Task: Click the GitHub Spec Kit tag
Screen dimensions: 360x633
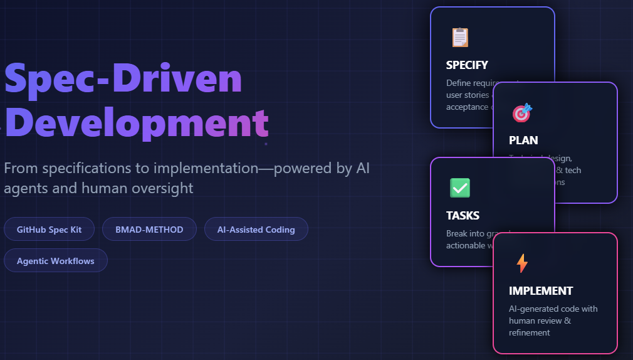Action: pos(50,229)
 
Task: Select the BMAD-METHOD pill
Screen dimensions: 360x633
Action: pos(149,229)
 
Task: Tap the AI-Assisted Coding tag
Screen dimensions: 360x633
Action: pos(256,229)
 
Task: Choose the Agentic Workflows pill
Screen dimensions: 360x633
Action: pos(56,260)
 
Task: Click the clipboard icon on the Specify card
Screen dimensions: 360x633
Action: pos(460,37)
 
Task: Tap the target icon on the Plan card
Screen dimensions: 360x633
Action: pos(522,112)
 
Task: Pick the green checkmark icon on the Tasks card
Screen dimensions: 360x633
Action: pos(460,188)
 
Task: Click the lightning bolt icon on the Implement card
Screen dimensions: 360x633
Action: pos(522,263)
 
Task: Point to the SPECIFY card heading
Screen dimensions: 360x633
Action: pos(467,65)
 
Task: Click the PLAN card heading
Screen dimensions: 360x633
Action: pos(523,140)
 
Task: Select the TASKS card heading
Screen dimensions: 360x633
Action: pos(463,215)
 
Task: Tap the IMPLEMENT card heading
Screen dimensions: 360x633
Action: pos(541,290)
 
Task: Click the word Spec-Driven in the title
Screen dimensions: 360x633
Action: pos(123,80)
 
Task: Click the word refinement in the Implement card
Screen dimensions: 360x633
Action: pos(530,332)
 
